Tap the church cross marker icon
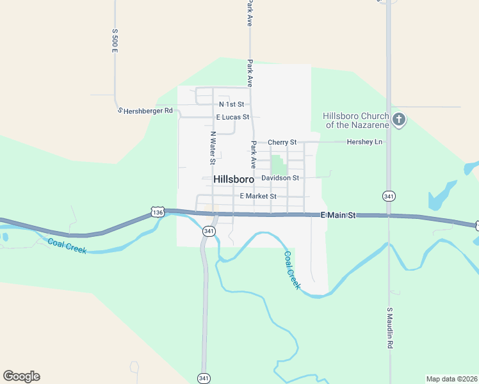click(399, 119)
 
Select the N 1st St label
click(231, 104)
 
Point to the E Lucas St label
click(232, 117)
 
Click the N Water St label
click(213, 148)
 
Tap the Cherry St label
click(282, 142)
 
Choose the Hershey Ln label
click(364, 142)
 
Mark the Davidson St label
click(280, 177)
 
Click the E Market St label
click(257, 196)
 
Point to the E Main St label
click(337, 216)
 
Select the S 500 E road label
click(115, 40)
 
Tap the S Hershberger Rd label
click(146, 111)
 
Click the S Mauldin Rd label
click(389, 328)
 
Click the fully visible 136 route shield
click(158, 211)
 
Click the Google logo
click(21, 376)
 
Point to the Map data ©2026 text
click(451, 379)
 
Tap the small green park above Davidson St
click(279, 164)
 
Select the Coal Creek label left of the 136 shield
click(67, 246)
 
